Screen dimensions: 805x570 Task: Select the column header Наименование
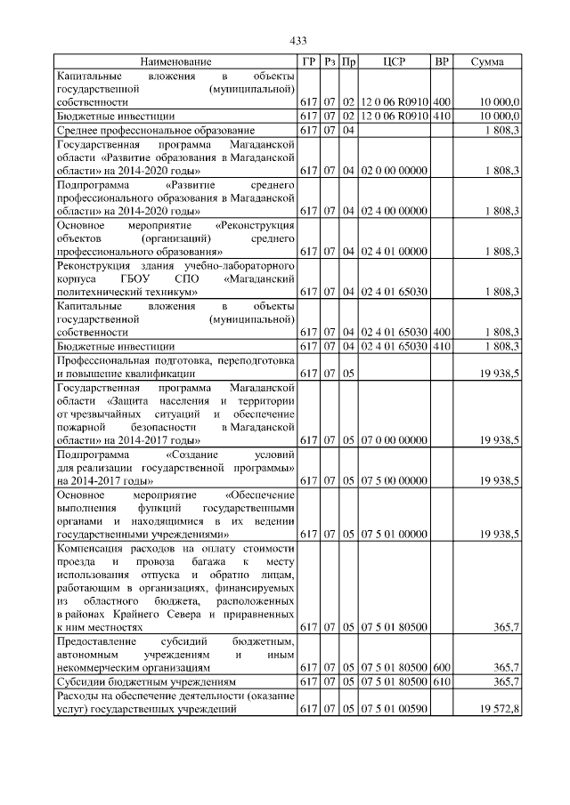click(x=175, y=62)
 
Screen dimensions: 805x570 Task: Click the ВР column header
click(x=441, y=62)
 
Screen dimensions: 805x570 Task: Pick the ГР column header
click(x=308, y=62)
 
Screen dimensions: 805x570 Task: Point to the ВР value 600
click(x=441, y=667)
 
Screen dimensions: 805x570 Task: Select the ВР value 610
click(x=441, y=681)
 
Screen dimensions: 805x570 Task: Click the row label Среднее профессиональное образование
click(x=155, y=131)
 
